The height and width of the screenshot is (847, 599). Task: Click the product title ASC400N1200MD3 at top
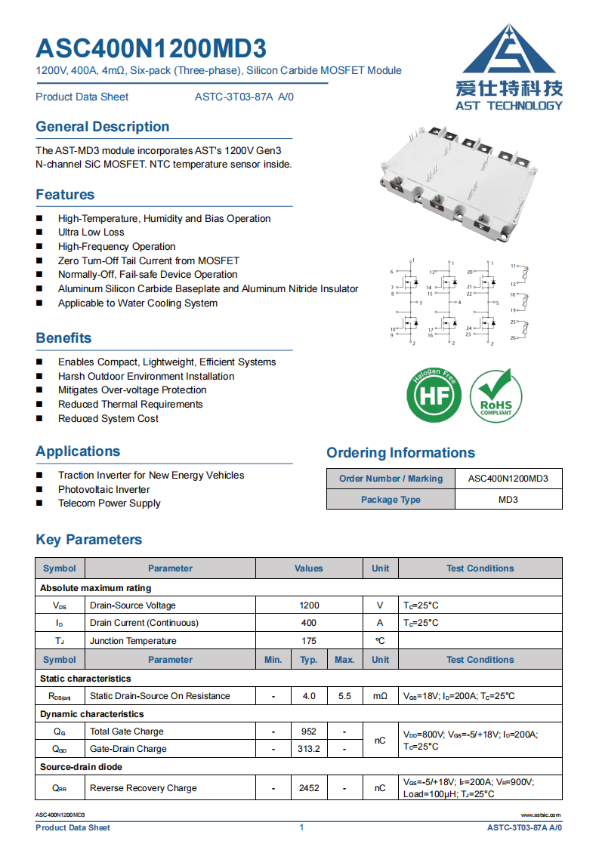tap(151, 48)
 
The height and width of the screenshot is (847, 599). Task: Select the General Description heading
tap(102, 127)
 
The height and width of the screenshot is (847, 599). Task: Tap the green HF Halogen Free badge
tap(434, 396)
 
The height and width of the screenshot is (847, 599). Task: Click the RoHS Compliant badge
tap(496, 396)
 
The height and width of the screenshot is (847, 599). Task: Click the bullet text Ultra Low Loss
tap(91, 233)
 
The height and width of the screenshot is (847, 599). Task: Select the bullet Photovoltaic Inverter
tap(103, 489)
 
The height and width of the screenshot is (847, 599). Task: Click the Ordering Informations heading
tap(400, 453)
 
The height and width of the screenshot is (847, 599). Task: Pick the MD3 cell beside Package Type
tap(508, 500)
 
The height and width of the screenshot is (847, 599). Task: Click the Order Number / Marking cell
tap(391, 479)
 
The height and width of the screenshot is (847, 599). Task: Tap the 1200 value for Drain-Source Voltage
tap(309, 605)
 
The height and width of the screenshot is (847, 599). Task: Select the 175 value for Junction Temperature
tap(309, 641)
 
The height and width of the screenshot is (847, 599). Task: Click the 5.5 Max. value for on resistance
tap(344, 696)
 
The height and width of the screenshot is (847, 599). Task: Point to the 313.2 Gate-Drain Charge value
tap(309, 749)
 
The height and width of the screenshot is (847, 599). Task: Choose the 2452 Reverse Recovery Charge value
tap(309, 788)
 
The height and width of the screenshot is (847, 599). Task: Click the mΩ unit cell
tap(380, 696)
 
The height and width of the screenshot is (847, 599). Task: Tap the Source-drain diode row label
tap(81, 767)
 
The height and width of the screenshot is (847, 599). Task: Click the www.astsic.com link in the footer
tap(541, 815)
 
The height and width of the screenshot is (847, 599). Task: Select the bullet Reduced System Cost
tap(108, 419)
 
